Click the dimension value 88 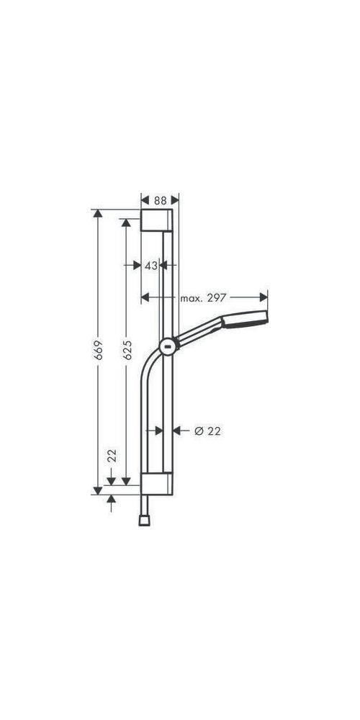pyautogui.click(x=161, y=201)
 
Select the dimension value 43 pyautogui.click(x=151, y=266)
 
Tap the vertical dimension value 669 pyautogui.click(x=98, y=350)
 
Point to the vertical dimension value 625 pyautogui.click(x=127, y=350)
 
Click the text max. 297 pyautogui.click(x=203, y=298)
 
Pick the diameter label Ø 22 pyautogui.click(x=207, y=431)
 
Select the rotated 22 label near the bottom pyautogui.click(x=112, y=456)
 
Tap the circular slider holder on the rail pyautogui.click(x=168, y=346)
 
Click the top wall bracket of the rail pyautogui.click(x=156, y=220)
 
